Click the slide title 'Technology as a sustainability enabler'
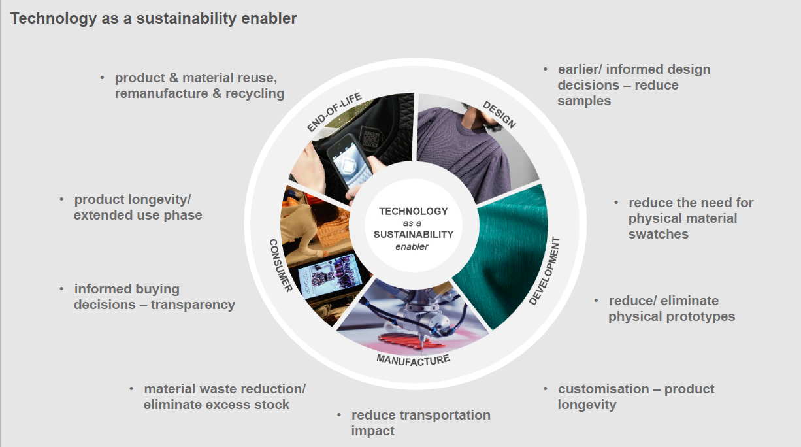click(154, 18)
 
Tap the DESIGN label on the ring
click(499, 114)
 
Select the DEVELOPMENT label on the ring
click(544, 271)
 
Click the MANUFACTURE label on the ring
click(413, 359)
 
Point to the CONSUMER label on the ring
click(280, 265)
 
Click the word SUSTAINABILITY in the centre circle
click(413, 234)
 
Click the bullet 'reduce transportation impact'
click(420, 423)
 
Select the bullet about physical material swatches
click(690, 218)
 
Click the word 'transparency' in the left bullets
click(193, 305)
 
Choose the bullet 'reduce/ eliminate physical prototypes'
click(671, 308)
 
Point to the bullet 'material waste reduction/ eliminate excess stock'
click(224, 397)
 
